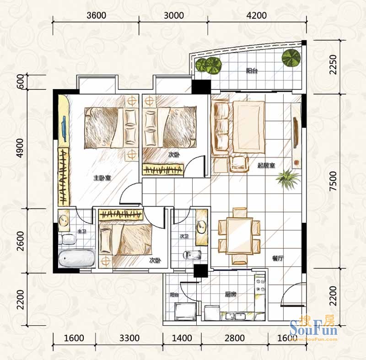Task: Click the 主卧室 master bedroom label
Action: pos(102,178)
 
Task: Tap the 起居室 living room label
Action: pos(266,166)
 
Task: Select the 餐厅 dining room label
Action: pos(278,258)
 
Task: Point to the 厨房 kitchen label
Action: pos(231,294)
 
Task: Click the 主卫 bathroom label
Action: pos(82,231)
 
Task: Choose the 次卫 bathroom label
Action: pos(184,236)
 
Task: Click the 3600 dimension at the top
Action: pos(96,16)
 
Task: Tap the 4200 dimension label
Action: pos(257,16)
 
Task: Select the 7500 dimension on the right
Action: pos(334,181)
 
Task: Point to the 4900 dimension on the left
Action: pos(21,148)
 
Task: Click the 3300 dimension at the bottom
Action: pos(129,338)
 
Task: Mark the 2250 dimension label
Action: pos(334,64)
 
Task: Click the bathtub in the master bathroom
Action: pos(77,258)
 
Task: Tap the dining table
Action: pos(239,236)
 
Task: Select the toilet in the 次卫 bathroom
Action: pos(192,255)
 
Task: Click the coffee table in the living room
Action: pos(249,127)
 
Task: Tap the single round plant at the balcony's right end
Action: pos(291,58)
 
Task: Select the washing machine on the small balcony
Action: pos(186,312)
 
